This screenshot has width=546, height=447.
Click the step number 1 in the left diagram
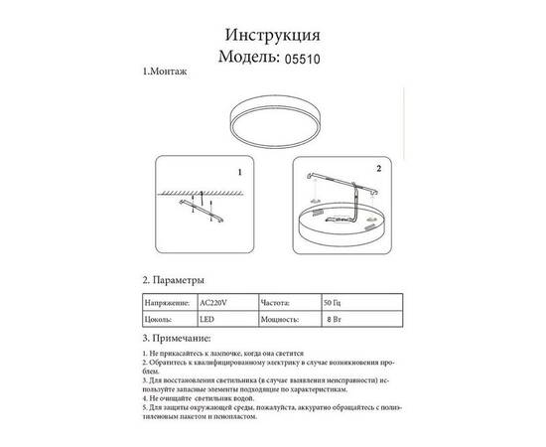[240, 171]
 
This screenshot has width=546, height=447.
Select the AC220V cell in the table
[216, 300]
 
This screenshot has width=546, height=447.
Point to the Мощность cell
[286, 321]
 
